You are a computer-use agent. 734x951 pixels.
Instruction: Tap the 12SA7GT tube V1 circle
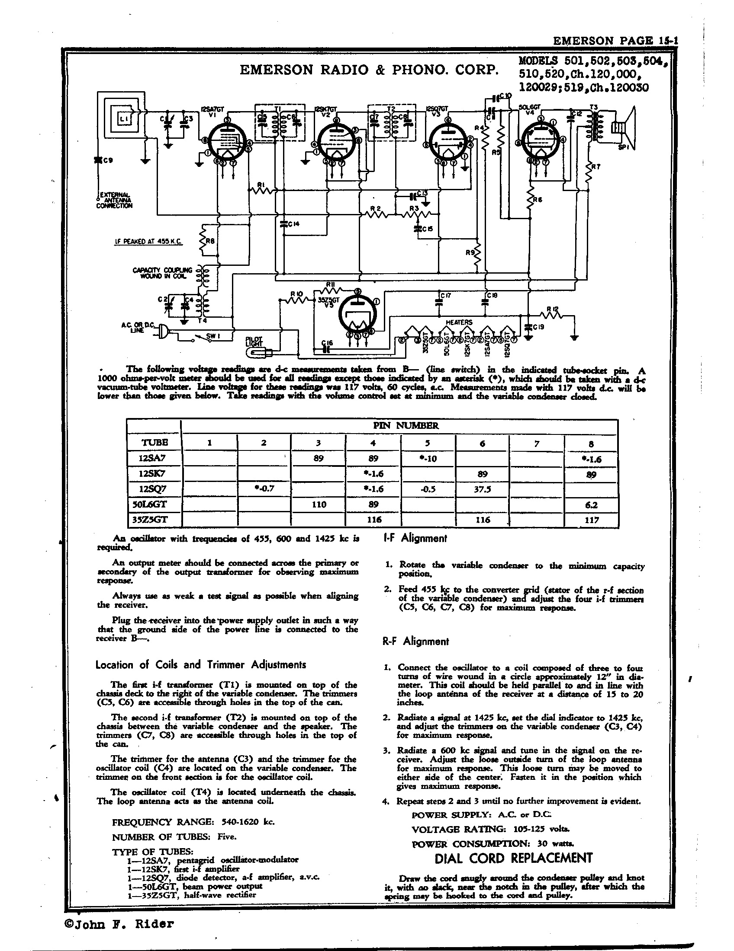pyautogui.click(x=226, y=140)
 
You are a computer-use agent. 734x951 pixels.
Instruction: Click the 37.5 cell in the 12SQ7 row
pyautogui.click(x=483, y=489)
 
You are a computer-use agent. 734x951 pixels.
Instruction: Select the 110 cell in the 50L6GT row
pyautogui.click(x=319, y=504)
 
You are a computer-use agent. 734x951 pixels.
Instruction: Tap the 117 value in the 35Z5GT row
pyautogui.click(x=591, y=520)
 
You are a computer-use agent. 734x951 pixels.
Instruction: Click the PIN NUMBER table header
pyautogui.click(x=399, y=425)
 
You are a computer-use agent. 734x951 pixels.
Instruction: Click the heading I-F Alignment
pyautogui.click(x=415, y=538)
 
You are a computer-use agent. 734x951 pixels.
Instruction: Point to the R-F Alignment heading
pyautogui.click(x=415, y=641)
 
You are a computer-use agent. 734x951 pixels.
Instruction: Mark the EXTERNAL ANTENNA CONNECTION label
pyautogui.click(x=115, y=200)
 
